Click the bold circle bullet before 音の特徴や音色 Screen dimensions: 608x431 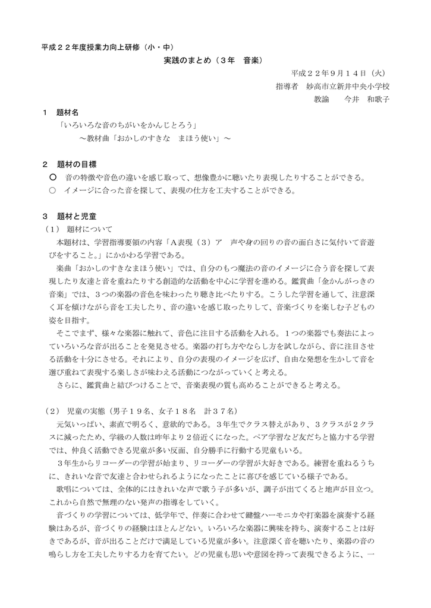click(53, 177)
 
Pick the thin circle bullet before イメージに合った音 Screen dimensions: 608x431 click(52, 190)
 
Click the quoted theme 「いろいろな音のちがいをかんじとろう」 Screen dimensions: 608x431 click(128, 125)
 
